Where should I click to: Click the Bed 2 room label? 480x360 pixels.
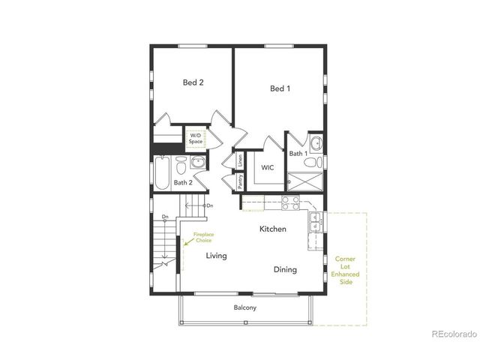193,83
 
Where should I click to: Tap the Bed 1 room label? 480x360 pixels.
280,89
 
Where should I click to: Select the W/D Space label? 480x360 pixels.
196,139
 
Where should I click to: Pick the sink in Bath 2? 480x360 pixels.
198,163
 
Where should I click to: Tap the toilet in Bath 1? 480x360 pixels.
317,161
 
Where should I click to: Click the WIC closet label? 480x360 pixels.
268,168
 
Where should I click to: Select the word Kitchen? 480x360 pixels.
273,229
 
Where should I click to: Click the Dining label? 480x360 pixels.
285,270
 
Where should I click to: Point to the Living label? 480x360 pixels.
217,256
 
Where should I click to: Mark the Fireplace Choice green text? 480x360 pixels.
203,238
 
